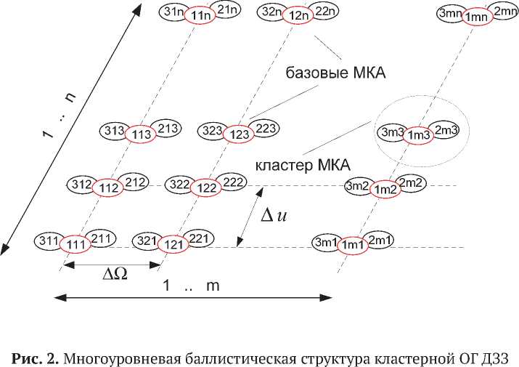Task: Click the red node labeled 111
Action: (x=73, y=245)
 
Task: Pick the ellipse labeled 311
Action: (x=48, y=239)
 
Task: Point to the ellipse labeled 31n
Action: (x=174, y=11)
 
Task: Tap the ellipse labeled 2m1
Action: (x=378, y=240)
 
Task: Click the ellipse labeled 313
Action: (x=115, y=132)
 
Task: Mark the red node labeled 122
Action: (x=207, y=187)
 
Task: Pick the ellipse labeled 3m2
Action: (x=358, y=186)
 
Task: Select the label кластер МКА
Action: (x=293, y=165)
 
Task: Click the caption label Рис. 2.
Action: (x=36, y=357)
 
